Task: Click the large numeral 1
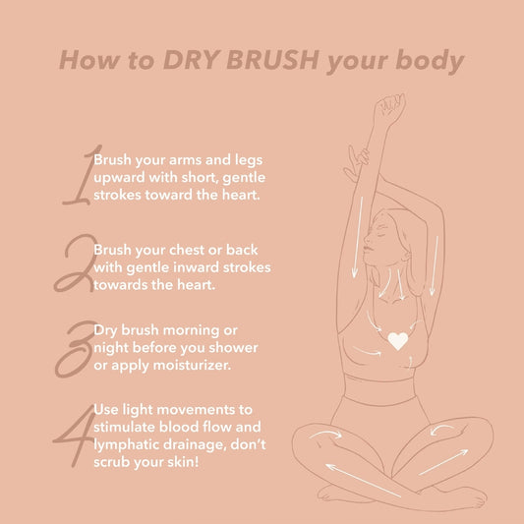pos(78,177)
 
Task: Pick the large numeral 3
pos(77,346)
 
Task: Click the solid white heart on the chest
pos(397,341)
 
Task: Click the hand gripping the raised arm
pos(360,158)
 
